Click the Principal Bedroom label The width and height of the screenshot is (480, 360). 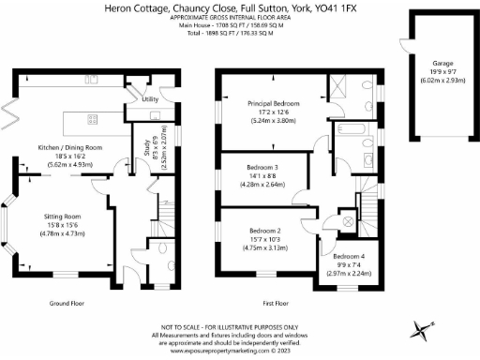(273, 104)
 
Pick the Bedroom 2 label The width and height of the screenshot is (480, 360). (264, 231)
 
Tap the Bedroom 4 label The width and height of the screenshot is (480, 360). (348, 256)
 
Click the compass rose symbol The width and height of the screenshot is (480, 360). (423, 329)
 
